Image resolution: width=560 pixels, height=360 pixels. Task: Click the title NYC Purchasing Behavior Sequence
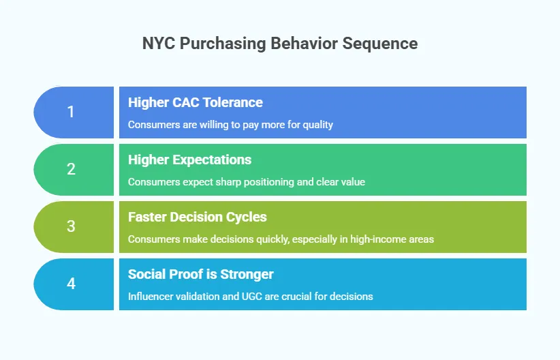tap(280, 44)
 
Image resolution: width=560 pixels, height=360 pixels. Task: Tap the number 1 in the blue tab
tap(71, 112)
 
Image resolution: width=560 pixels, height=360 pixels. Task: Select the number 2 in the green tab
tap(71, 170)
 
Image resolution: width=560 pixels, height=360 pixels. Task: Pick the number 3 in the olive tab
tap(71, 227)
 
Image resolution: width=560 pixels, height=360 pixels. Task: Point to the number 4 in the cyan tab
tap(71, 284)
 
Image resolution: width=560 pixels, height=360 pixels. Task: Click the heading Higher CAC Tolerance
tap(196, 102)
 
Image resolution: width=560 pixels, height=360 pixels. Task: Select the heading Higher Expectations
tap(190, 160)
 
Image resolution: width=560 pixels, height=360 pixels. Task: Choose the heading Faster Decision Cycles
tap(198, 217)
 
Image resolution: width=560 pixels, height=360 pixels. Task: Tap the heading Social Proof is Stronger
tap(201, 274)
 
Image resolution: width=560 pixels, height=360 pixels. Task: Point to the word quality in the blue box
tap(317, 125)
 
